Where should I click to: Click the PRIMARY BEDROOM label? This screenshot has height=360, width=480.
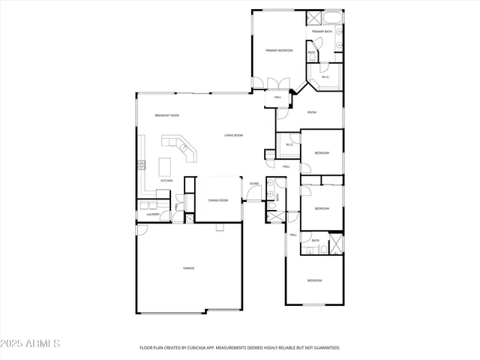point(279,50)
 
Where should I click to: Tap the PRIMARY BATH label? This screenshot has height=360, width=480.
point(323,31)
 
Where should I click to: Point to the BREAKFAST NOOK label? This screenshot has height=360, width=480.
point(167,115)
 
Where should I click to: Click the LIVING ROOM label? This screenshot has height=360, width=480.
point(233,136)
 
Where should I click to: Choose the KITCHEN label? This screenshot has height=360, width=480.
point(166,181)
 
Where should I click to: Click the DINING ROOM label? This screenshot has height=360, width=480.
point(218,200)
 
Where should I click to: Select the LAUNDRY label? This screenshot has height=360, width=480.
point(152,214)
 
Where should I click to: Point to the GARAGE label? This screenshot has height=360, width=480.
point(189,268)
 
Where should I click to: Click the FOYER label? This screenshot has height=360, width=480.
point(254,183)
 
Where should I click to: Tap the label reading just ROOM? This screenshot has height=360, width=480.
point(311,112)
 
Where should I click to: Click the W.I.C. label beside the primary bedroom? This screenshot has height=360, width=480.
point(325,77)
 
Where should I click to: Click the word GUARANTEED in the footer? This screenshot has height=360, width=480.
point(325,348)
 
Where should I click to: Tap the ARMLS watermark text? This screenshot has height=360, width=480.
point(44,343)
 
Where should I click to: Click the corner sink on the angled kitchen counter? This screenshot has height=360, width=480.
point(184,148)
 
